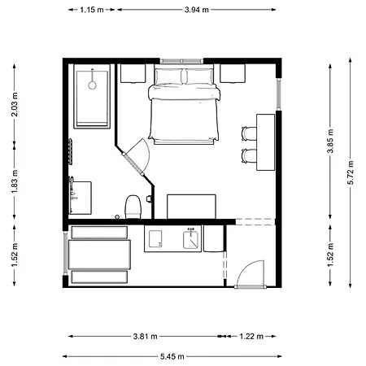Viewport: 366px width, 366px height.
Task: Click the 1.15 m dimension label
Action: (92, 10)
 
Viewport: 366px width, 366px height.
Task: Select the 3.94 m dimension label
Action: (197, 10)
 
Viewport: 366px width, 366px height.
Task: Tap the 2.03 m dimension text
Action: (15, 104)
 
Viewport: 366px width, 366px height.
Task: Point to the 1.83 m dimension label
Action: (15, 181)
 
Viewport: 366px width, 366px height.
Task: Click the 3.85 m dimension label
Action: (330, 141)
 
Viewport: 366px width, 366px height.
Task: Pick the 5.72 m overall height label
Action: (351, 172)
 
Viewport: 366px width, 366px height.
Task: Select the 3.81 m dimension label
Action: (145, 337)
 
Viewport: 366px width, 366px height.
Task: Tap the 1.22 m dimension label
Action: (251, 337)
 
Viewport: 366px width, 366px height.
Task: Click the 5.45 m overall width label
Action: (172, 356)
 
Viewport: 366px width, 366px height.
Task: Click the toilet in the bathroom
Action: (133, 207)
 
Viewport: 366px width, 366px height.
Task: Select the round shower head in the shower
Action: (93, 85)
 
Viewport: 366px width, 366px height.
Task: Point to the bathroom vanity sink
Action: (81, 198)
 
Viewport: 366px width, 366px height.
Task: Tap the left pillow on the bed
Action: (168, 76)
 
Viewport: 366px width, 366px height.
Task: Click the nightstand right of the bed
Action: (233, 73)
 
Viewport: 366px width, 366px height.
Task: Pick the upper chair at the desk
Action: (249, 133)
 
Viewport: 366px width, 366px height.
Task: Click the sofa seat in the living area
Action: (99, 255)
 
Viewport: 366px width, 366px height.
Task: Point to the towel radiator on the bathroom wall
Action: (71, 151)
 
